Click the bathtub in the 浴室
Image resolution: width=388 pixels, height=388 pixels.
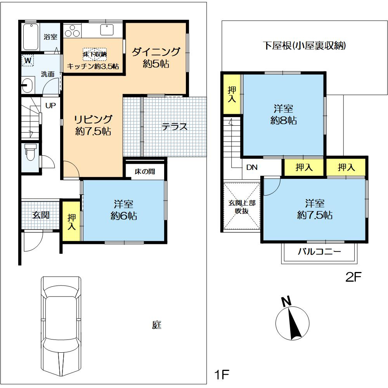(31, 36)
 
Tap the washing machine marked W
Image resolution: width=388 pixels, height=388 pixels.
(28, 61)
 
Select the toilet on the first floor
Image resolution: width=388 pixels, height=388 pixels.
(30, 152)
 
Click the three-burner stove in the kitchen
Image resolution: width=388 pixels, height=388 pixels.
(72, 31)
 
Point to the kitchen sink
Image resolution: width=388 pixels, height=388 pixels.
(107, 30)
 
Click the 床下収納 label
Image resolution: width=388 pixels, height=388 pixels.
(95, 54)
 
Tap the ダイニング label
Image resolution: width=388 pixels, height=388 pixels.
(156, 52)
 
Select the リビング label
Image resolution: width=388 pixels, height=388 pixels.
(93, 119)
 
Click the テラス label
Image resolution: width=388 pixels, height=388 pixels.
(175, 127)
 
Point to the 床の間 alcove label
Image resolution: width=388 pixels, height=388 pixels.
(145, 171)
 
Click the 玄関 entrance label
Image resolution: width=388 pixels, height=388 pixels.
(41, 215)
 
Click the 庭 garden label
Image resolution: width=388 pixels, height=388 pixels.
(157, 325)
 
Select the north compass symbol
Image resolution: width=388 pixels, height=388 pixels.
(292, 319)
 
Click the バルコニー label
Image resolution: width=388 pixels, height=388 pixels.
(319, 252)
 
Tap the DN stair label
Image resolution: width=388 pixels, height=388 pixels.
(252, 168)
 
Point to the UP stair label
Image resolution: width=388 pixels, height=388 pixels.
(50, 106)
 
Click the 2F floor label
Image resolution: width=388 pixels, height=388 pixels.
(353, 277)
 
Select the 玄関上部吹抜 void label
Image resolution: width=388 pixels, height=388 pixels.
(242, 207)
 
